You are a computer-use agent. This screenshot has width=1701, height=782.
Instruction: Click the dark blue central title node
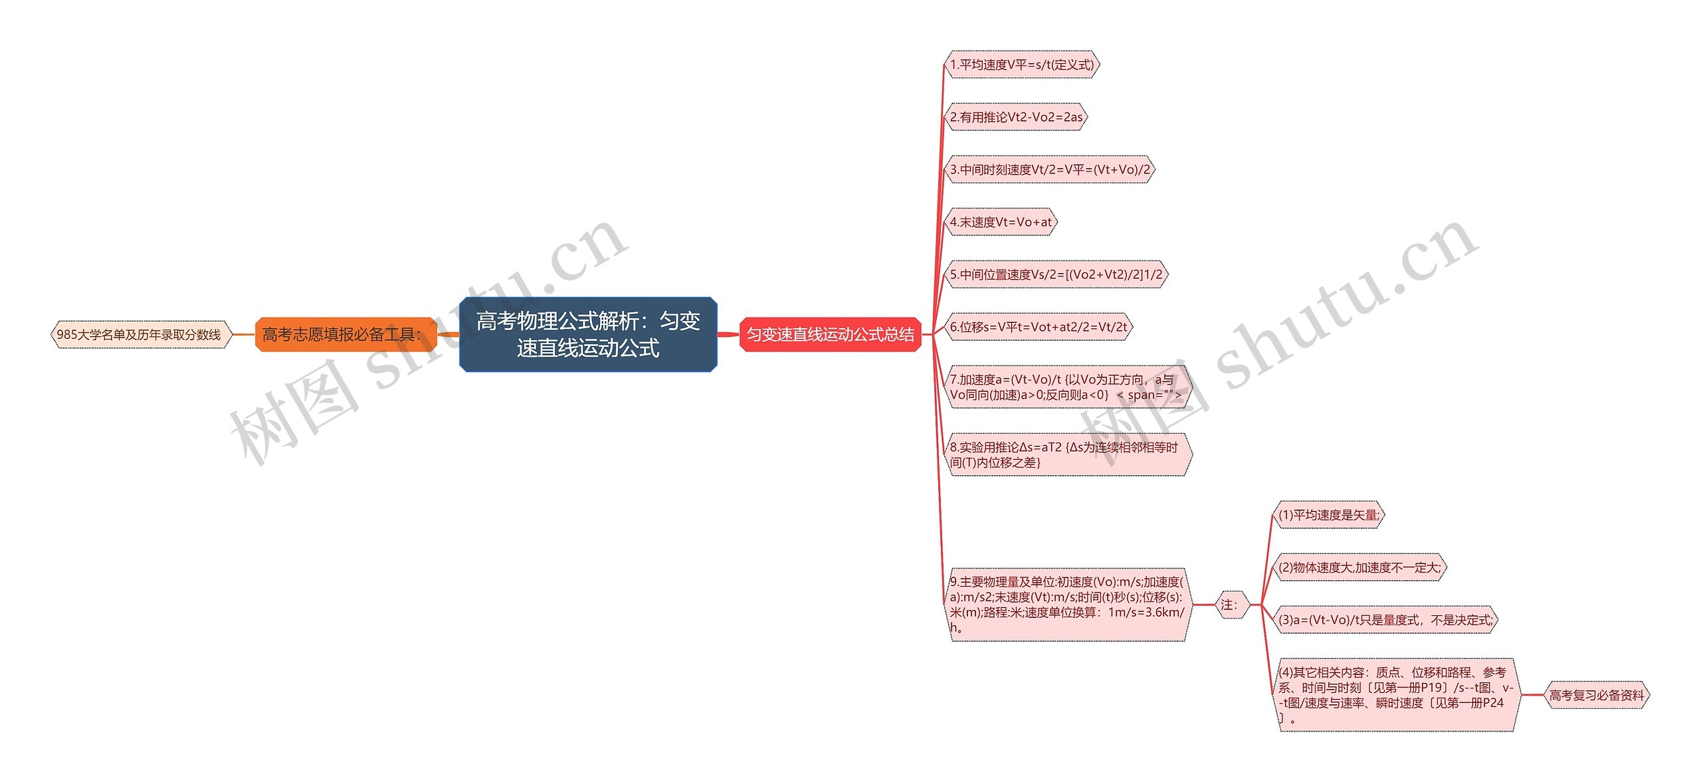pyautogui.click(x=588, y=334)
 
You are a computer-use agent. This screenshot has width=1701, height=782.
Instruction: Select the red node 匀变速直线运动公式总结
pyautogui.click(x=830, y=334)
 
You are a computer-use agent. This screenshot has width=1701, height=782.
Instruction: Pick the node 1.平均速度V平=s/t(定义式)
pyautogui.click(x=1021, y=64)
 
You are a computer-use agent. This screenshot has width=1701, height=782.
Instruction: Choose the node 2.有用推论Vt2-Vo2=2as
pyautogui.click(x=1016, y=117)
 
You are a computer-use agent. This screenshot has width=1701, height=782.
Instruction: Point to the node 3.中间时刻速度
pyautogui.click(x=1049, y=169)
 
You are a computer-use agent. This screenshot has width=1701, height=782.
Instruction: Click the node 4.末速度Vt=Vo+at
pyautogui.click(x=1001, y=222)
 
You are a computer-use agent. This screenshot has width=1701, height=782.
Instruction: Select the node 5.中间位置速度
pyautogui.click(x=1056, y=274)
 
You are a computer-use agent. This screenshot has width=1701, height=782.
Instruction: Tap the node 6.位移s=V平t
pyautogui.click(x=1038, y=327)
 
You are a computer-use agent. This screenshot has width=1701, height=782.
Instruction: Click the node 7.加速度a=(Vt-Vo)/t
pyautogui.click(x=1066, y=387)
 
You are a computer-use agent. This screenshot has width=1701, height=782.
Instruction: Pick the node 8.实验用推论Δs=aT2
pyautogui.click(x=1066, y=454)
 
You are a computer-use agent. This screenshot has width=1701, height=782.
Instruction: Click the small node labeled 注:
pyautogui.click(x=1231, y=605)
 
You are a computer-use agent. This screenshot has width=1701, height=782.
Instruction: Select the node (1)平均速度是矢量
pyautogui.click(x=1328, y=515)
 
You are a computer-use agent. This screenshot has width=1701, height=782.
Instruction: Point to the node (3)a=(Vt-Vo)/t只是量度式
pyautogui.click(x=1385, y=620)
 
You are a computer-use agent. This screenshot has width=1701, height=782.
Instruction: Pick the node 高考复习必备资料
pyautogui.click(x=1596, y=695)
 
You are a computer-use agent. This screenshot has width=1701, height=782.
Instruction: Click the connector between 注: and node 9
pyautogui.click(x=1203, y=605)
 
